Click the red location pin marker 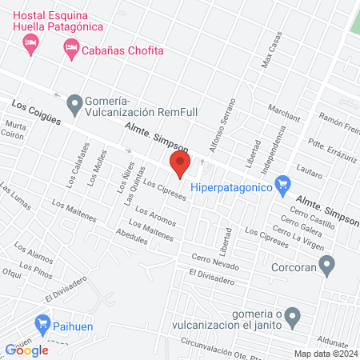(x=180, y=166)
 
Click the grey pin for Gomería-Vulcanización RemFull (x=76, y=102)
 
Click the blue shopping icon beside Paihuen (x=42, y=326)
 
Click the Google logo (x=26, y=350)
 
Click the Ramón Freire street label (x=338, y=121)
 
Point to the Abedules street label (x=133, y=238)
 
